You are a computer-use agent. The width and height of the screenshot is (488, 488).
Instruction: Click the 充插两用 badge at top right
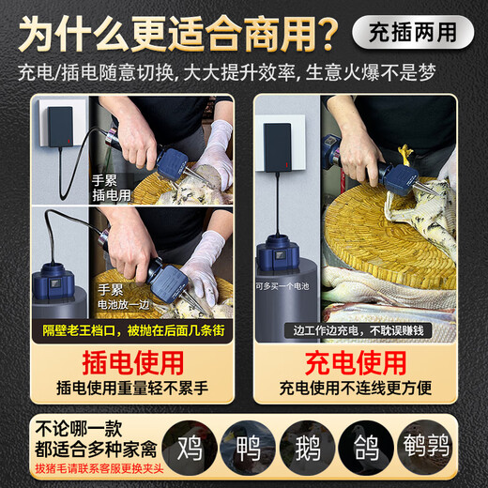412,31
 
